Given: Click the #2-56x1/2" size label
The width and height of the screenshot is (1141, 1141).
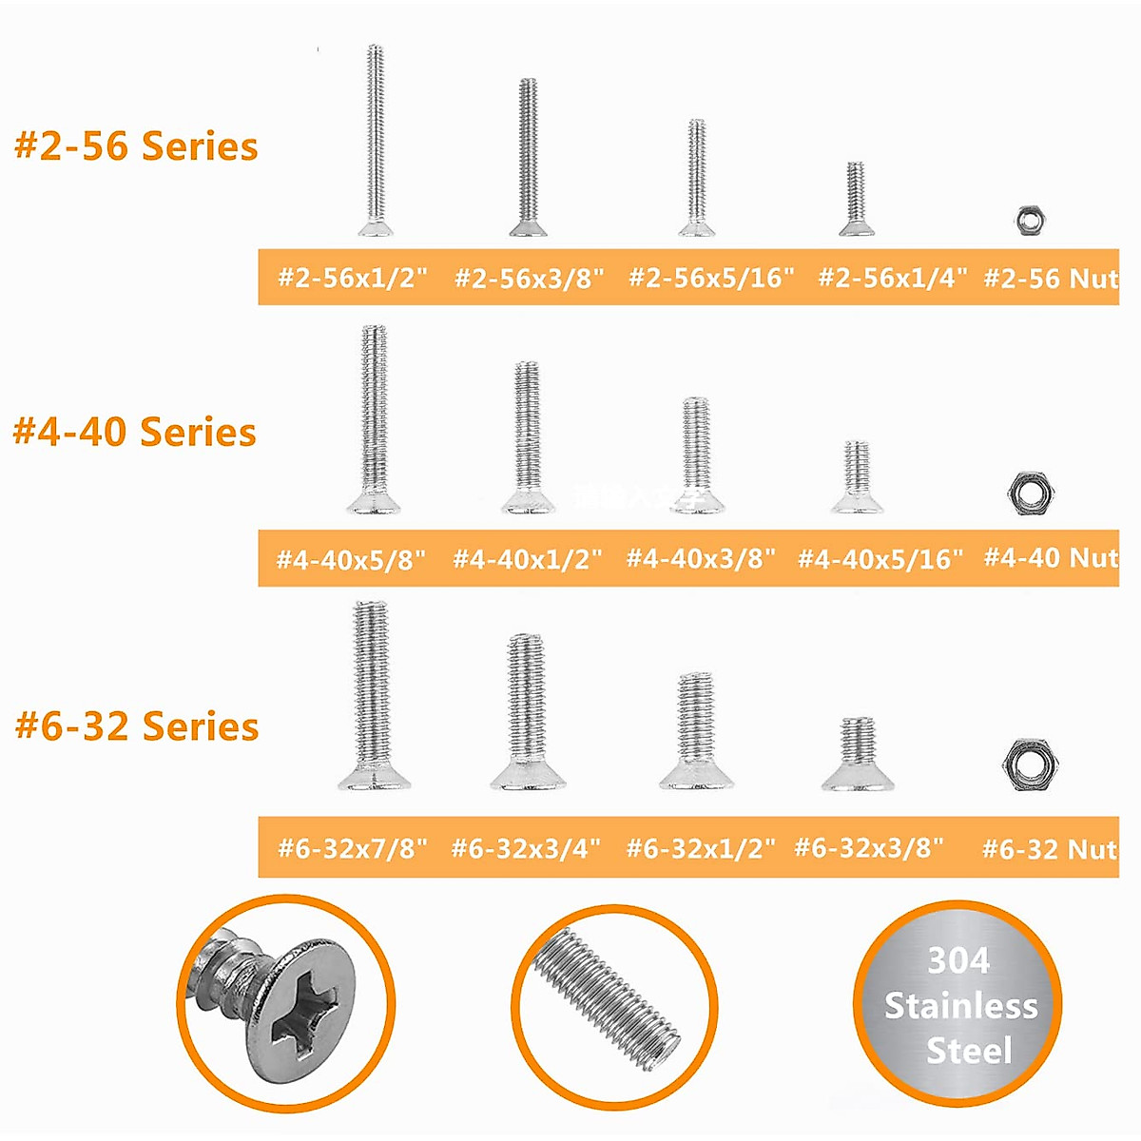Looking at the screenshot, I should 353,278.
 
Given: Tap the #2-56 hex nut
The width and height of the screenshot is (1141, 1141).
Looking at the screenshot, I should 1027,220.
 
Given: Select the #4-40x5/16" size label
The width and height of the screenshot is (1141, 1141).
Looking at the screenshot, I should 880,559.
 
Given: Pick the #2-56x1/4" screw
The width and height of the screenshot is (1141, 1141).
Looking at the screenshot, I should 856,200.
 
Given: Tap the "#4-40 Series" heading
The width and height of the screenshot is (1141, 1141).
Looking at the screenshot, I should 134,432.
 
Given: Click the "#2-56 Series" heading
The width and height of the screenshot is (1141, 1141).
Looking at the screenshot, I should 136,146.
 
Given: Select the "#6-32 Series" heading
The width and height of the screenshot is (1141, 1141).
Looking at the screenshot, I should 137,726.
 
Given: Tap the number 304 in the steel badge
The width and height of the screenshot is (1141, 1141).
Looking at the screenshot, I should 958,960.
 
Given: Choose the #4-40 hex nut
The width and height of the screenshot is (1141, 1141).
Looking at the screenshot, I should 1031,492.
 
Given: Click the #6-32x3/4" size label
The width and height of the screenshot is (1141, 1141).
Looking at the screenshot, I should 526,847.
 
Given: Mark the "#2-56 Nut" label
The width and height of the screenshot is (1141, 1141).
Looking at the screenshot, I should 1050,278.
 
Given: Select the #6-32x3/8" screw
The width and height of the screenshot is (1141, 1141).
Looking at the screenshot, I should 858,756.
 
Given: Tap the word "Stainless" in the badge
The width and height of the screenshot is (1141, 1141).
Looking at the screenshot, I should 960,1006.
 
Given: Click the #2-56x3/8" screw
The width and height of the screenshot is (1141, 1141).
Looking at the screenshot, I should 529,158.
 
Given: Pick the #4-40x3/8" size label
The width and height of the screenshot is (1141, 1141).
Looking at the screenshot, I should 701,558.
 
